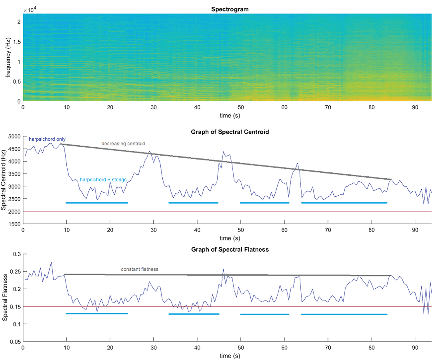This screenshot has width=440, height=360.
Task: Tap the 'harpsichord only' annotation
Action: point(47,139)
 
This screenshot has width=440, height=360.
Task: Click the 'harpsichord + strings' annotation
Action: point(103,180)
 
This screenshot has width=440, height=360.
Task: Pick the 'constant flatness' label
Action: point(140,269)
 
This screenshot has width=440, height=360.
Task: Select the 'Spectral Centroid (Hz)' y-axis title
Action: point(4,181)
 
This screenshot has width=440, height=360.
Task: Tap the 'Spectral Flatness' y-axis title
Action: point(6,297)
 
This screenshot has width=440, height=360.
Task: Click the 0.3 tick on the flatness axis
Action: point(17,254)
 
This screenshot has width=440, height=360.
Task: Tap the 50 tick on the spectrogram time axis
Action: point(240,108)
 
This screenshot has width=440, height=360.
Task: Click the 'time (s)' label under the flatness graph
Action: point(226,356)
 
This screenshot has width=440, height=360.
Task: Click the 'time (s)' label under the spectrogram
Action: point(226,115)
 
